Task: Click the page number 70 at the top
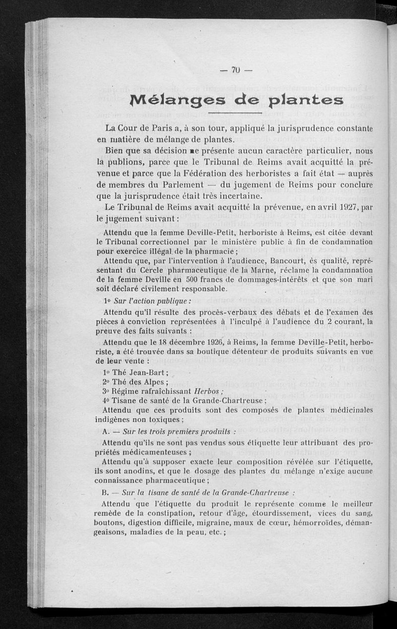point(236,70)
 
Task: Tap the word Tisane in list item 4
point(129,400)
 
